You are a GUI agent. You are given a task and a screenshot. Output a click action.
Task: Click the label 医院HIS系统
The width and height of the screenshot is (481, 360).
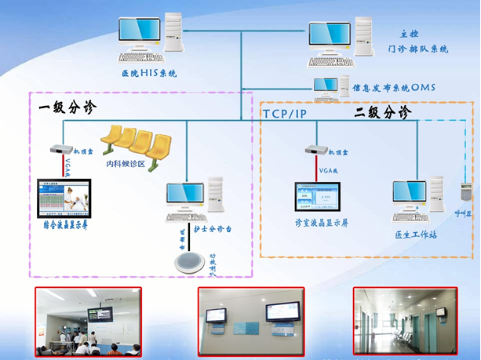coord(149,74)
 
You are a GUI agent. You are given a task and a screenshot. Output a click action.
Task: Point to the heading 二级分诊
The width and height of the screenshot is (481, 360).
coord(382,113)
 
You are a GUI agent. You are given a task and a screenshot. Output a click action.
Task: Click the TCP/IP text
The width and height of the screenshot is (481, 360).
coord(286,114)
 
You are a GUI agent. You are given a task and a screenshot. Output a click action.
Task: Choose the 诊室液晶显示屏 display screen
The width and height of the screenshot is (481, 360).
coord(320,200)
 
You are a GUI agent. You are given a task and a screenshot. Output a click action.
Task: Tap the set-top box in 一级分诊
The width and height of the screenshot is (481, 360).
coord(58,149)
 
